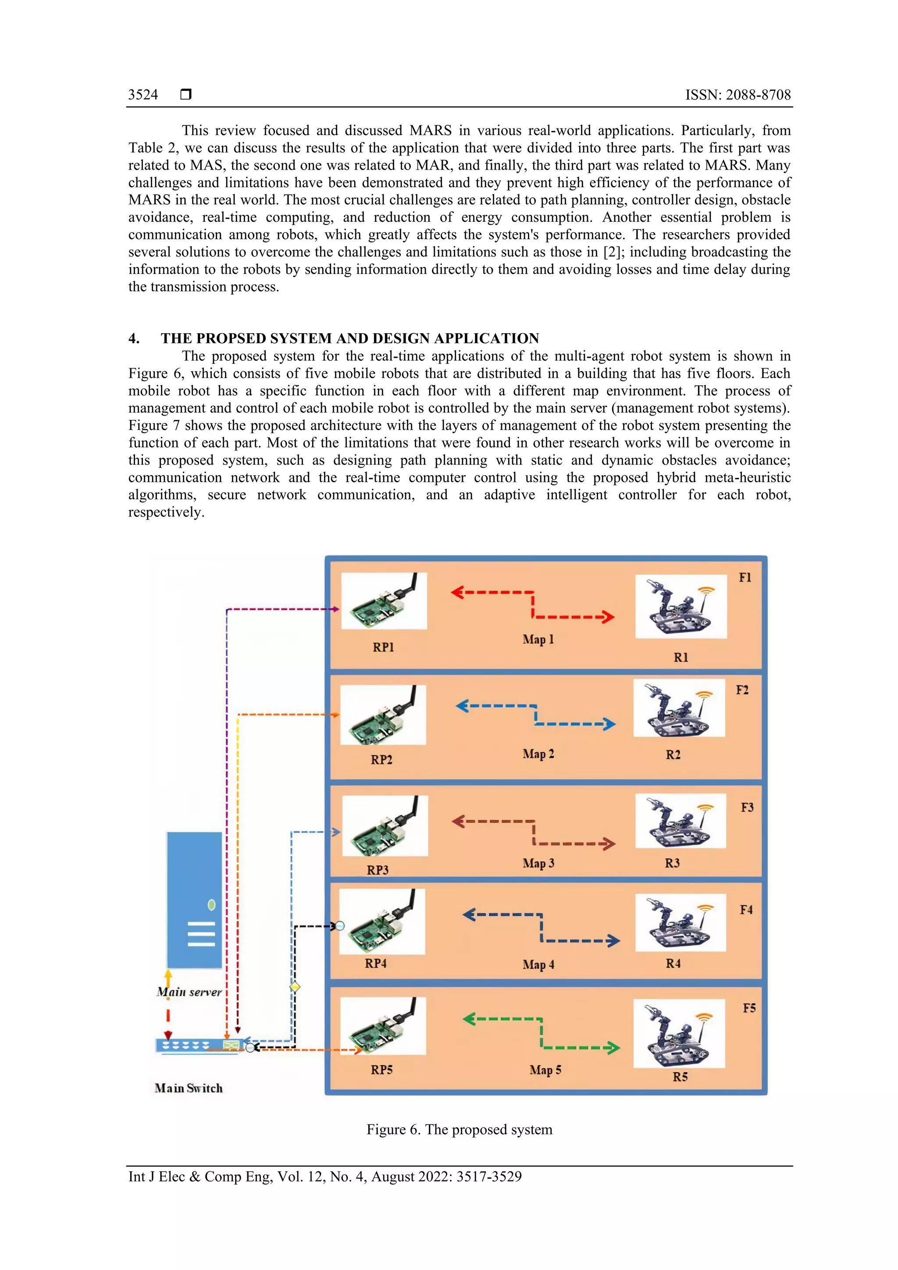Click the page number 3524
(x=143, y=95)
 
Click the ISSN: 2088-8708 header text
(x=738, y=95)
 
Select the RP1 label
(x=383, y=647)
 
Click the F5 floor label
(x=748, y=1008)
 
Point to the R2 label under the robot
(x=673, y=754)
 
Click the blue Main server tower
(x=194, y=899)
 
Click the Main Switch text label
(x=189, y=1088)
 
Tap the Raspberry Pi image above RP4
(x=382, y=921)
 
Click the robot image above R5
(x=679, y=1033)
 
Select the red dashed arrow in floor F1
(x=532, y=605)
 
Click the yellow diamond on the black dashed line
(x=295, y=987)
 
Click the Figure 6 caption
(x=459, y=1130)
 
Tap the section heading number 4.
(x=134, y=338)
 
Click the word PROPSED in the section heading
(x=230, y=338)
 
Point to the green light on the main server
(x=211, y=905)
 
